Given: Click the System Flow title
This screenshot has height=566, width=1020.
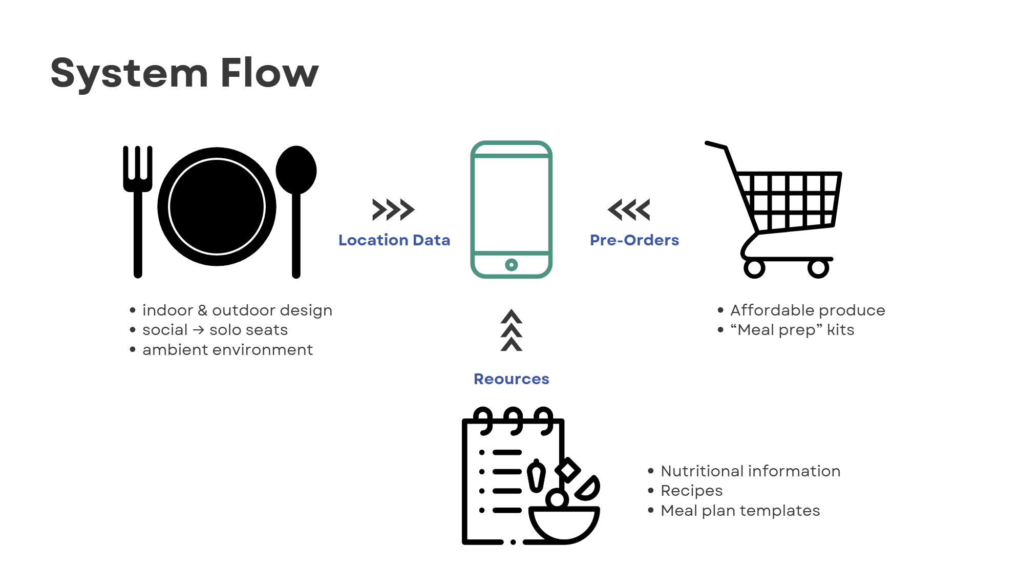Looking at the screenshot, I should point(184,73).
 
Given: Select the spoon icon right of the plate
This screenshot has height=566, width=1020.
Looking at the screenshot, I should point(296,205).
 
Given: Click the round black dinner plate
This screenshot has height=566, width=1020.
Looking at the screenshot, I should point(217,206).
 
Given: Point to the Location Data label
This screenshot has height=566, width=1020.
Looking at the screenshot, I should point(394,240).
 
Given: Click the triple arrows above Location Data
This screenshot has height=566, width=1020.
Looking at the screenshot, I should point(393,209).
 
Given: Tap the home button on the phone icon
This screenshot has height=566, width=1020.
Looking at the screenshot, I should point(511,265).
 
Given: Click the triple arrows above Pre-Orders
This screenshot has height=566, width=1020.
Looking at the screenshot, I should point(629,209).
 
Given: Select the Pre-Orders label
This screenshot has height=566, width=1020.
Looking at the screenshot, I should point(634,240).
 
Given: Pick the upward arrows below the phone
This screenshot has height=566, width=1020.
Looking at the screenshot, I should point(511,330).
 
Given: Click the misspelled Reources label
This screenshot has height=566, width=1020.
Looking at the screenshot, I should point(511,379).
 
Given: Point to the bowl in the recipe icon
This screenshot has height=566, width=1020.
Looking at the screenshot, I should point(563,522).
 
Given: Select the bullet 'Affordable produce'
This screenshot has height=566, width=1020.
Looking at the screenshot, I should point(807,310).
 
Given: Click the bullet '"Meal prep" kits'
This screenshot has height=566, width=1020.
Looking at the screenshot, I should point(792,330).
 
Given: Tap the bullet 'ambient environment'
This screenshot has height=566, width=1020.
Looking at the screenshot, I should point(227,350).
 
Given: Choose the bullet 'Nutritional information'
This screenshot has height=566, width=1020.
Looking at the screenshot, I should point(750,471).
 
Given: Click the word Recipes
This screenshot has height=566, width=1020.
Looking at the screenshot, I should point(691,491).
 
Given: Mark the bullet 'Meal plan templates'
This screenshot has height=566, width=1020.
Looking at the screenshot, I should point(740,511).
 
